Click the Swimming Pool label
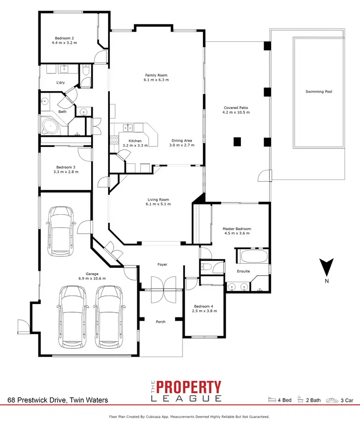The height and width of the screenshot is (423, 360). (x=319, y=92)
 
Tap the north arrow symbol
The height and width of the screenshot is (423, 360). (x=326, y=266)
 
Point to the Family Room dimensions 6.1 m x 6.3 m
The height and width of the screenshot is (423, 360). (x=156, y=80)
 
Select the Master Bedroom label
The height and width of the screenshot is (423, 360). (x=237, y=229)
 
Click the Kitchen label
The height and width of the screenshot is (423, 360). (x=132, y=141)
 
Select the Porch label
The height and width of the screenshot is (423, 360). (x=160, y=322)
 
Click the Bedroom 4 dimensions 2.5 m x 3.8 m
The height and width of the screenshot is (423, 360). (x=205, y=311)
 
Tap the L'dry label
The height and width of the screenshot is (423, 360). (x=60, y=83)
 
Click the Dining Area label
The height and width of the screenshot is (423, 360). (x=182, y=141)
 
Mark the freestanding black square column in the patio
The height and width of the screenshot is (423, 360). (x=237, y=142)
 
